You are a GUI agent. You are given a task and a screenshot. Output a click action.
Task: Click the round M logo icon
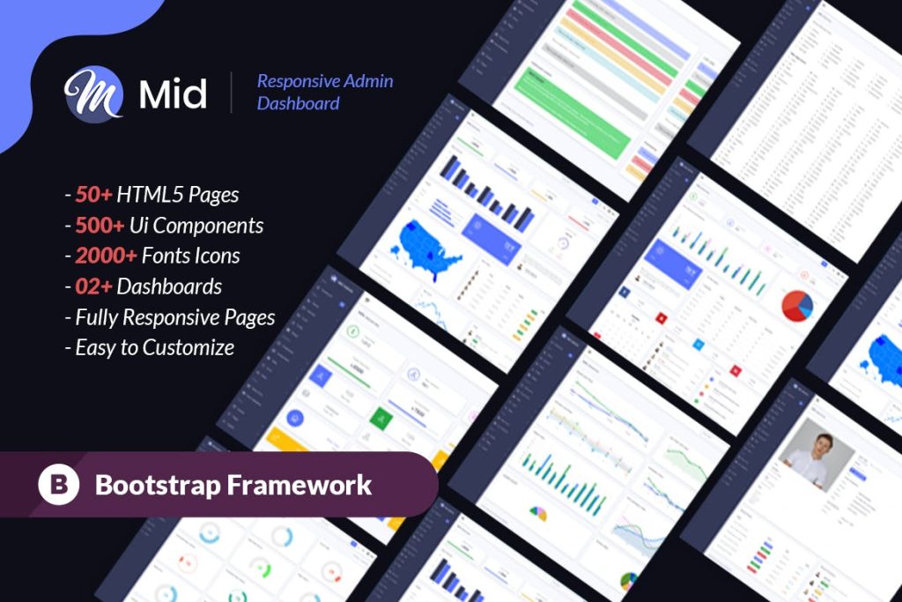[x=93, y=93]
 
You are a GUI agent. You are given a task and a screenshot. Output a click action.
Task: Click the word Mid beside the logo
[x=173, y=94]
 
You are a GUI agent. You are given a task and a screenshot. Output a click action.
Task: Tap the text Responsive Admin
[x=324, y=81]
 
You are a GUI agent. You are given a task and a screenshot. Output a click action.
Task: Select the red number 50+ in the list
[x=92, y=195]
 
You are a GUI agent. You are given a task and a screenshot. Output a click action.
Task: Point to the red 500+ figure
[x=100, y=226]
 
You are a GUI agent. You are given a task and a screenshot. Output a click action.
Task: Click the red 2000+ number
[x=107, y=256]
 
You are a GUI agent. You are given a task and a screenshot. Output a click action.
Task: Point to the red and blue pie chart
[x=798, y=305]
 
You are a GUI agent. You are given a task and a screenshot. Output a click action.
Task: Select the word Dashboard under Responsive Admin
[x=298, y=104]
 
